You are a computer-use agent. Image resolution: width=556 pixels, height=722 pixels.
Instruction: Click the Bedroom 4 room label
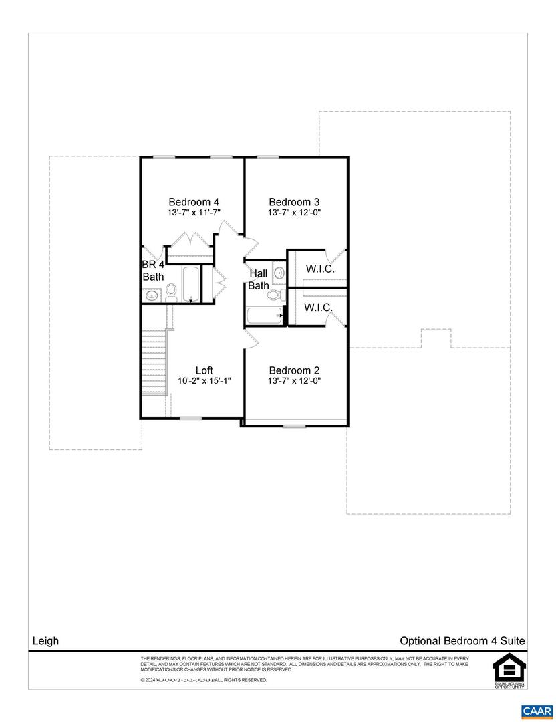coord(194,202)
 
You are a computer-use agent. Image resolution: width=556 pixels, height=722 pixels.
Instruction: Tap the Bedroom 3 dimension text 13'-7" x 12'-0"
coord(294,213)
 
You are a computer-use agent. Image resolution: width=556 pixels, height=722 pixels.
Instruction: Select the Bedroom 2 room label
coord(294,370)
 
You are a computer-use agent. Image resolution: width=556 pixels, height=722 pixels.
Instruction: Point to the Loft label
coord(204,370)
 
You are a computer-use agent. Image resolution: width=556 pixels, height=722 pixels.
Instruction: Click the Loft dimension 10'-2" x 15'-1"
coord(204,381)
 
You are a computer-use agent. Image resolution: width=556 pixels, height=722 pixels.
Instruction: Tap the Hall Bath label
coord(259,279)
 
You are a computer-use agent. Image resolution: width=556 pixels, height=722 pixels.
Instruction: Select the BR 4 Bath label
coord(153,270)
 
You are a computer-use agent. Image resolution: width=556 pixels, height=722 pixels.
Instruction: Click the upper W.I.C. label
coord(320,269)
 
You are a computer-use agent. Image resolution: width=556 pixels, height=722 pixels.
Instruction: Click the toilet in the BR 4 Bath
coord(171,291)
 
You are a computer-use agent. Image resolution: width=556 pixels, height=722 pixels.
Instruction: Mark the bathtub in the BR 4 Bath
coord(190,284)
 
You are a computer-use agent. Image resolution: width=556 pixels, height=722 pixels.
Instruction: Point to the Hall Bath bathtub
coord(263,316)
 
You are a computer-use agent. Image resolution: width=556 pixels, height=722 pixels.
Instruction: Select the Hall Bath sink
coord(279,272)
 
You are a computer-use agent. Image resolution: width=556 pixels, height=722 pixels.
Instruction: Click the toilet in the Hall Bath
coord(274,294)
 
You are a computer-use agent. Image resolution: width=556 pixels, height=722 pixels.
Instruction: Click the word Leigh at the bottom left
coord(46,641)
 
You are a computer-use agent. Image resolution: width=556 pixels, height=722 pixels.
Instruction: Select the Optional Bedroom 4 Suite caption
coord(462,641)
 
